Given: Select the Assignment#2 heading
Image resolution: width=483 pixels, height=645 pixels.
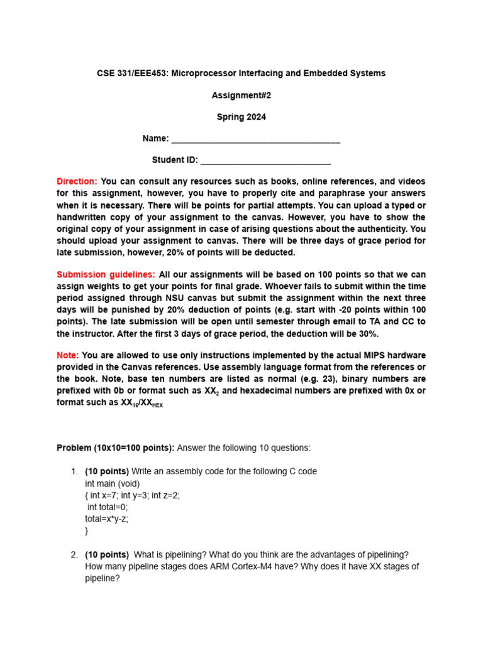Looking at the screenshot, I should (241, 95).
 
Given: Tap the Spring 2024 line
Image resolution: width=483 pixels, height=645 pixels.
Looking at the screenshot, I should (241, 117).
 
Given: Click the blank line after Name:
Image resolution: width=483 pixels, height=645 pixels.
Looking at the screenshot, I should (255, 139).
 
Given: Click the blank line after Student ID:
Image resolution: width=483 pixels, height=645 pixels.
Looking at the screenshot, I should (265, 161).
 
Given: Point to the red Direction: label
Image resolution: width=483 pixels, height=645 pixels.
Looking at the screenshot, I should (77, 181).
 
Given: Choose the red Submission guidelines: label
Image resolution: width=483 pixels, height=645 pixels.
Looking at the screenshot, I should (106, 275).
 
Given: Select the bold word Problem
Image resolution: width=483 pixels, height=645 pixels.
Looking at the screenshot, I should (74, 448).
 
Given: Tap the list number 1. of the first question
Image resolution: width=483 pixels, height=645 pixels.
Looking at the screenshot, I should (74, 471).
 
